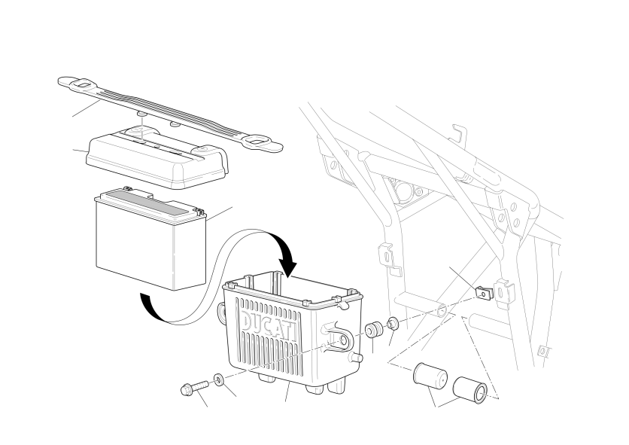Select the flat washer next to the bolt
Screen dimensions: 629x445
click(219, 379)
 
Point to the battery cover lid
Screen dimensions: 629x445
click(156, 159)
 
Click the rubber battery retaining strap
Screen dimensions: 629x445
click(171, 114)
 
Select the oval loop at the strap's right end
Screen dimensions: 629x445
click(256, 141)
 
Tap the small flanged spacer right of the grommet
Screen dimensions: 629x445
click(392, 322)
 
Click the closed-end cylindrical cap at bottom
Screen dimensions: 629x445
click(430, 376)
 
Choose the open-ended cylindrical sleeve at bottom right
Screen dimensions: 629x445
click(469, 389)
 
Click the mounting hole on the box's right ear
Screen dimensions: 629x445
click(344, 340)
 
